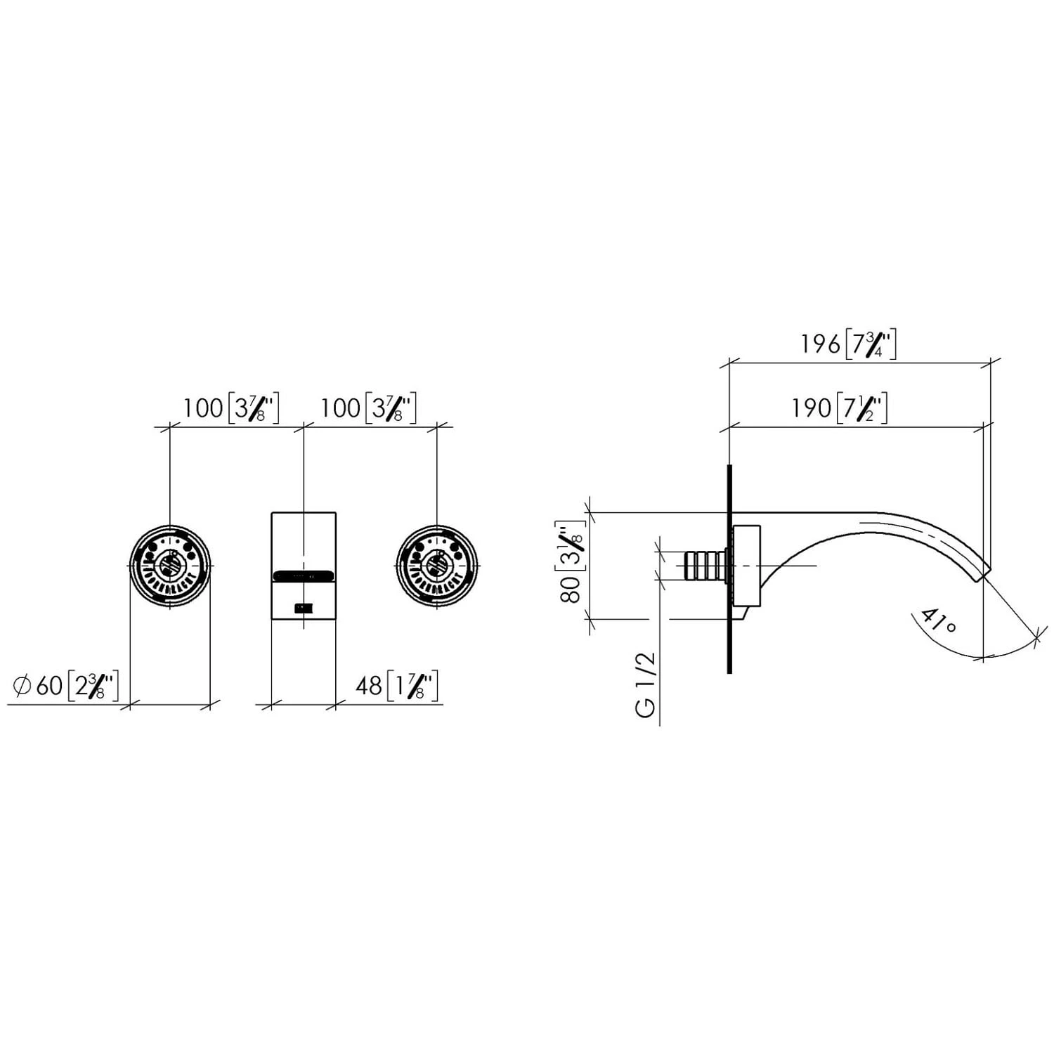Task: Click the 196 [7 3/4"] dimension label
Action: [848, 344]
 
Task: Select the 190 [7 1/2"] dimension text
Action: [839, 408]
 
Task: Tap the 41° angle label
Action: [938, 621]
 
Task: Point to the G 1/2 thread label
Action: [646, 684]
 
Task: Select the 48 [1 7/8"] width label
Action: [397, 685]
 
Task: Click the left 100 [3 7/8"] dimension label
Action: [231, 408]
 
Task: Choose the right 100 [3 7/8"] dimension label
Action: [368, 408]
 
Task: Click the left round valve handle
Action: [169, 566]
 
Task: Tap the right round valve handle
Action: [436, 566]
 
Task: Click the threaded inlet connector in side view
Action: [703, 566]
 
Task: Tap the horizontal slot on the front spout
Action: [303, 575]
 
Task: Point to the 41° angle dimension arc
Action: [1012, 651]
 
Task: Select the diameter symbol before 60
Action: [21, 685]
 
